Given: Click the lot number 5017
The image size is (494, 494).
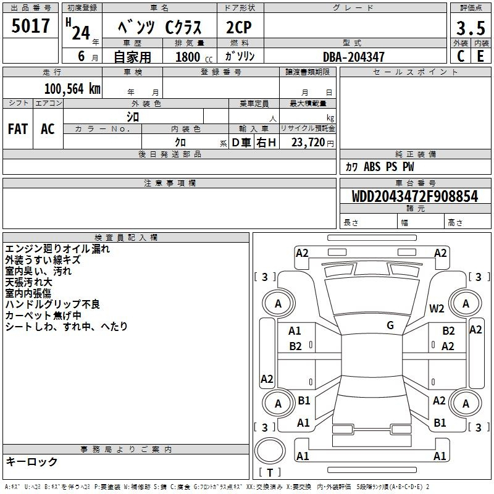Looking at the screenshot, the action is (x=30, y=26).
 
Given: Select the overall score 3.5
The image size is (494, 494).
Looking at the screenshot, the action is (x=471, y=28).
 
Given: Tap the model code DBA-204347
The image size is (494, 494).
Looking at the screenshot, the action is (x=354, y=57).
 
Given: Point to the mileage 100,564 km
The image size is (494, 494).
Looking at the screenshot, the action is (x=72, y=89).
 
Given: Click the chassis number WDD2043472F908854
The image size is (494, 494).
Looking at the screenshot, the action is (x=415, y=196).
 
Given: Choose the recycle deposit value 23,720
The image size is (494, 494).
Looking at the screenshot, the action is (x=308, y=143).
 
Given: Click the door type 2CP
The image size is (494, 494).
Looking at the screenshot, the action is (x=239, y=27).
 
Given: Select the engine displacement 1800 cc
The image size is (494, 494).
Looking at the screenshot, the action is (x=194, y=57).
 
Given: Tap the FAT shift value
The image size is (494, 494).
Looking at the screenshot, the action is (x=18, y=129).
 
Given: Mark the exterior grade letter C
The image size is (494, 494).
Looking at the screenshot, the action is (x=461, y=56).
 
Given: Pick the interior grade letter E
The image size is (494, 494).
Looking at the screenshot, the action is (x=480, y=56).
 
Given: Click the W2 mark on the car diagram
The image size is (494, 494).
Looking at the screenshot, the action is (x=437, y=309).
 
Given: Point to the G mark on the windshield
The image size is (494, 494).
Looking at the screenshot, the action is (x=390, y=325).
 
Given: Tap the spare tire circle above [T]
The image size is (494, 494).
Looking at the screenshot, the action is (x=270, y=451).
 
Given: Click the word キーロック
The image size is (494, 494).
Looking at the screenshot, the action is (x=31, y=461).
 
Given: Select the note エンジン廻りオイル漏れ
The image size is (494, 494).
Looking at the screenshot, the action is (x=57, y=249).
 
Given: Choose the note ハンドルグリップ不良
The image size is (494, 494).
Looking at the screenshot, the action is (x=52, y=304).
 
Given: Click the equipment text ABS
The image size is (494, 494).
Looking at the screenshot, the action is (x=372, y=167).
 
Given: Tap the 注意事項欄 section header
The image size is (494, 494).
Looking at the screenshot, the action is (x=170, y=183).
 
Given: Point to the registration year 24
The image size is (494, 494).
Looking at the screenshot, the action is (x=81, y=33).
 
